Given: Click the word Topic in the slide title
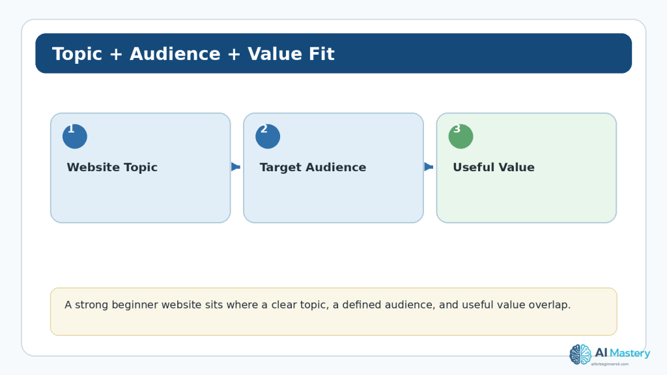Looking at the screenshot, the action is tap(77, 55).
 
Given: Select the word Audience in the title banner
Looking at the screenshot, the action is tap(175, 54).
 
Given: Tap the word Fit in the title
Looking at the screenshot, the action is tap(322, 54).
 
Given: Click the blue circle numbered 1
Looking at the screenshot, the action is tap(75, 136).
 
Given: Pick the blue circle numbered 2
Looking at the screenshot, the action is tap(268, 136).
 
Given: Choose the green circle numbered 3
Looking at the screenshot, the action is tap(461, 136).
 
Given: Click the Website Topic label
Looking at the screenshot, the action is tap(112, 167).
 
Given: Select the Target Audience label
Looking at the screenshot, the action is tap(313, 167).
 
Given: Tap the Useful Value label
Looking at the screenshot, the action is tap(494, 167).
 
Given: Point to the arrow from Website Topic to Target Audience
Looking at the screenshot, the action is tap(236, 167).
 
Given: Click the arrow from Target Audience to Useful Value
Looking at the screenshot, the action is tap(429, 167).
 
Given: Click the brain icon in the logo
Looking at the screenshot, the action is tap(580, 355).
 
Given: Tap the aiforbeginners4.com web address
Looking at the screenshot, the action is tap(610, 364).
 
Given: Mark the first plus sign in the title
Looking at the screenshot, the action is tap(116, 55).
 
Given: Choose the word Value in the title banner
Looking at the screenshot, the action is tap(275, 54).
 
